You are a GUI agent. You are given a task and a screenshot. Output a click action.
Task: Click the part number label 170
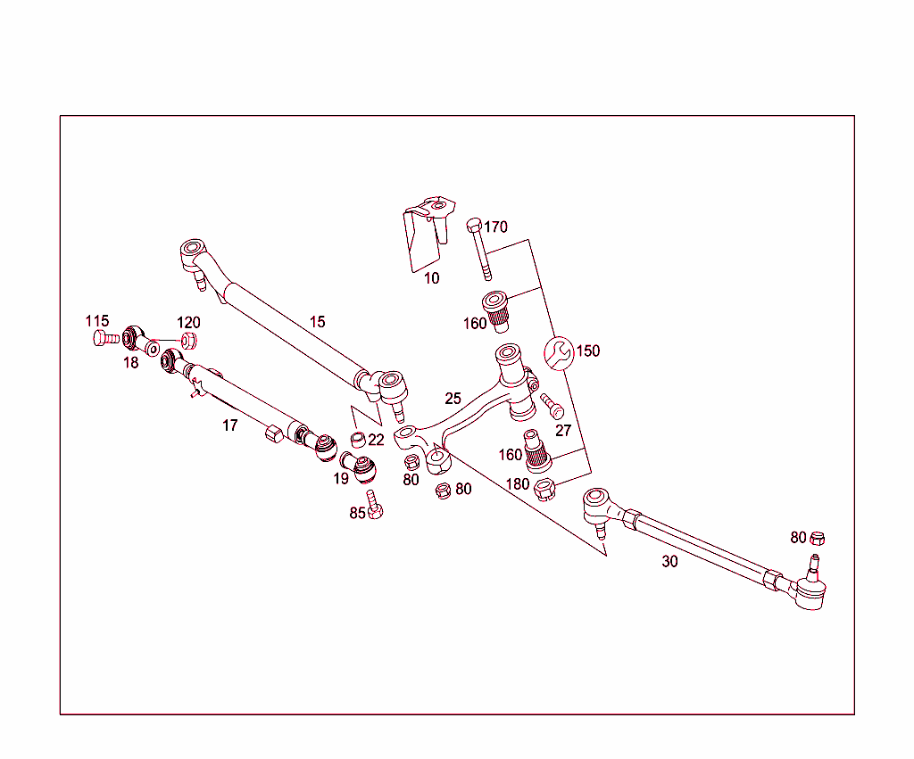495,227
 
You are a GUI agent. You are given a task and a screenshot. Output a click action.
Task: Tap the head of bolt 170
474,223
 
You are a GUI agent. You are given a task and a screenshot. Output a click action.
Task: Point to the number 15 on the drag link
318,322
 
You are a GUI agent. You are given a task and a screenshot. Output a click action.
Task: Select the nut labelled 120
188,340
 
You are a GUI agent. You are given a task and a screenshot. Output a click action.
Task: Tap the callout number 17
230,425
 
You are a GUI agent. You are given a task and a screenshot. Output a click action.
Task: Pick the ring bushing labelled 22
356,438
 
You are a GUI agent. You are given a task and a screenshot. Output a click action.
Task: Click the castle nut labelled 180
544,489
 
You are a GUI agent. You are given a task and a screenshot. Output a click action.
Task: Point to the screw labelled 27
550,406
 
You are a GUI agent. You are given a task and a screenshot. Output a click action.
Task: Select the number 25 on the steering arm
453,399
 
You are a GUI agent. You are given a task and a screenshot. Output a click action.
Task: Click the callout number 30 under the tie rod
669,562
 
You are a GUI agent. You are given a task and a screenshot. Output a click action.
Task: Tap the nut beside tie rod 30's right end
818,538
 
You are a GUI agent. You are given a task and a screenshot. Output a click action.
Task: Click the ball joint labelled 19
361,465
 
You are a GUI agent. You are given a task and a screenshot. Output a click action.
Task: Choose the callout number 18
131,363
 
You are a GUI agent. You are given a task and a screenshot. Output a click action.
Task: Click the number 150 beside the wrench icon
587,351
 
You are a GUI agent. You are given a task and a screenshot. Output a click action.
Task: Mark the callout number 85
357,513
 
